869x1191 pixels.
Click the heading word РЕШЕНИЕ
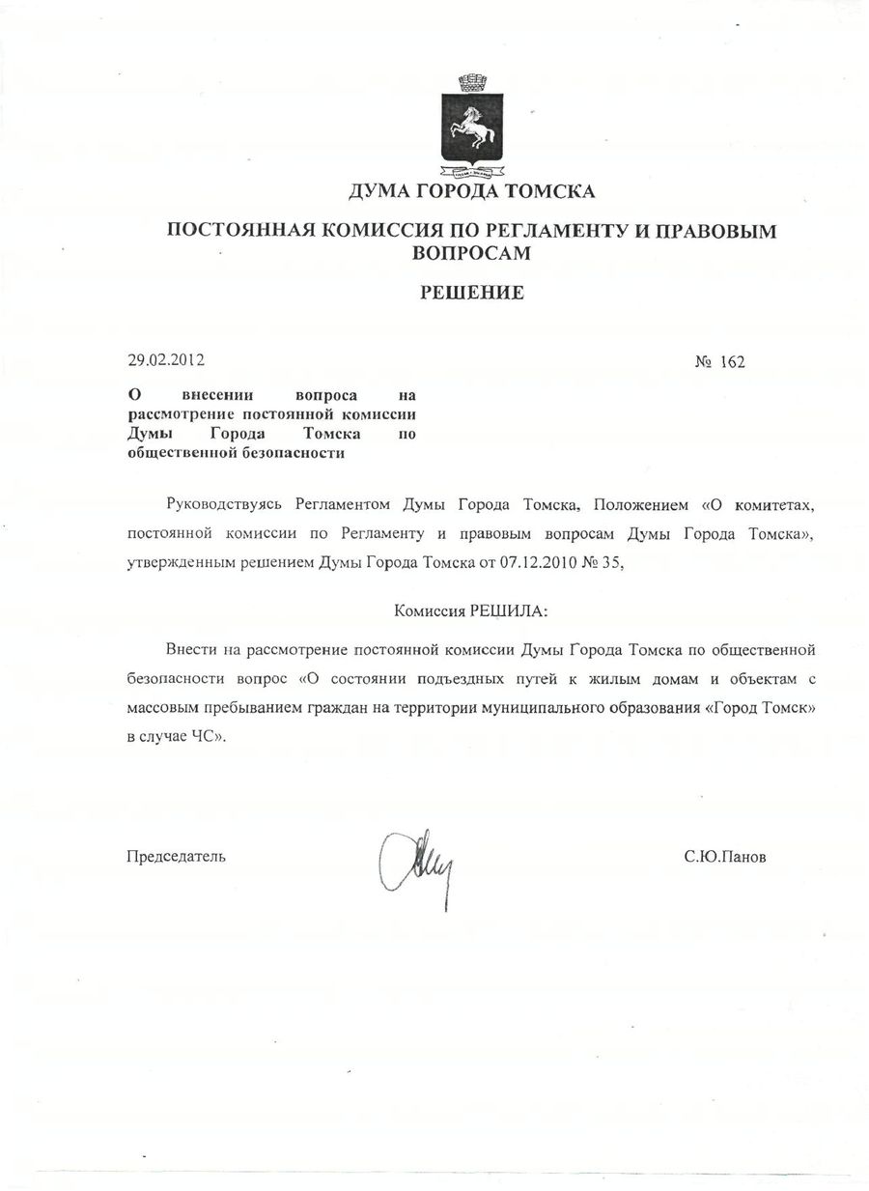(x=471, y=293)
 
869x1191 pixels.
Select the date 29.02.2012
(x=166, y=361)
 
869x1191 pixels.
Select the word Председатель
(x=177, y=856)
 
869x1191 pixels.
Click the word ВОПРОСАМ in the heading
(x=471, y=252)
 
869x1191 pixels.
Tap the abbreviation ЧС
(x=212, y=735)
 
